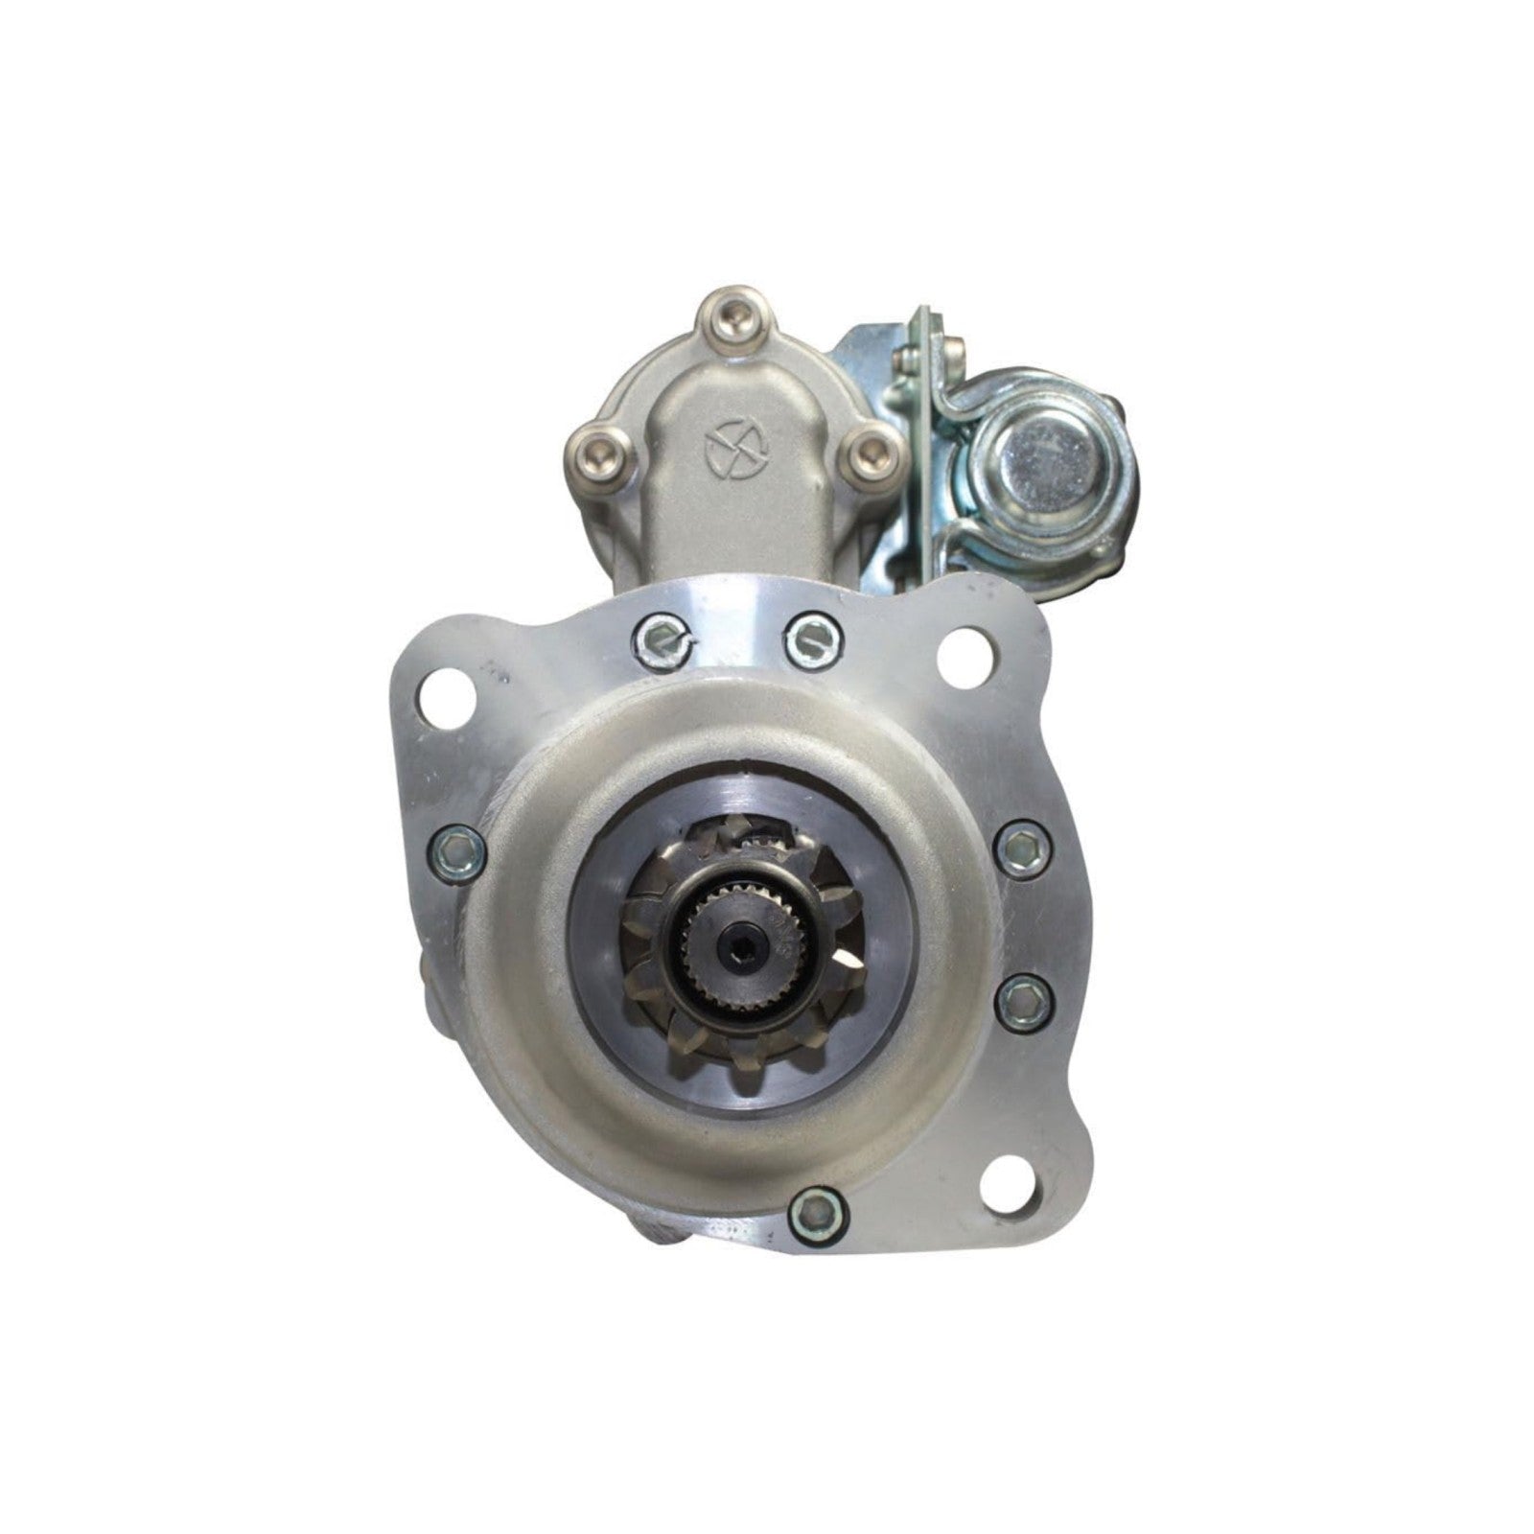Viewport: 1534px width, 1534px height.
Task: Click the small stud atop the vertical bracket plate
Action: (x=907, y=360)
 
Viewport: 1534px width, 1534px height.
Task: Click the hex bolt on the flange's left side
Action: (x=454, y=848)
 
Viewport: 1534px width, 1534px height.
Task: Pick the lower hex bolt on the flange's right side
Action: (x=1023, y=1000)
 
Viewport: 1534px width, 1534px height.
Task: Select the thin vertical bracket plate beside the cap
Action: (x=920, y=441)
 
